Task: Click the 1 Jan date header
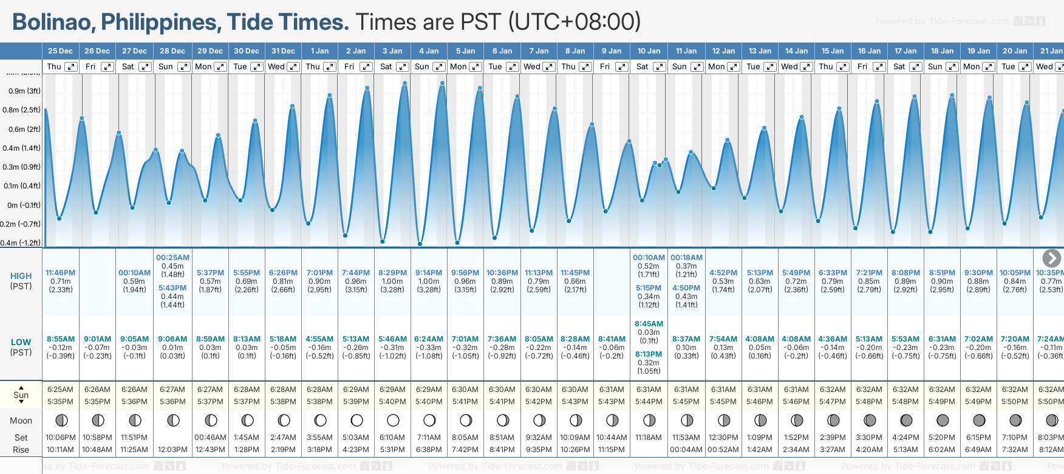[319, 51]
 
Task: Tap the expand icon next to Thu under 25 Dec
[71, 67]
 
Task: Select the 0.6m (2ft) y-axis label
[21, 129]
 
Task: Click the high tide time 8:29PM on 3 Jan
[392, 273]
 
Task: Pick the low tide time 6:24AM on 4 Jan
[429, 339]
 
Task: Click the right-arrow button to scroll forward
[1051, 258]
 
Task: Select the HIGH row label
[21, 276]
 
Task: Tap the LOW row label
[21, 342]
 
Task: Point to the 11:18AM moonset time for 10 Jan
[648, 438]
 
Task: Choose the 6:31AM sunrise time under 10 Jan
[648, 390]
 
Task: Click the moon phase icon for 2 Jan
[356, 421]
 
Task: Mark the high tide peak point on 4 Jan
[442, 83]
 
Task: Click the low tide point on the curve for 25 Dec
[60, 218]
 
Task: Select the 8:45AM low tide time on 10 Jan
[649, 324]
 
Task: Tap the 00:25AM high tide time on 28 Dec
[172, 258]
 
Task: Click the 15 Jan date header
[832, 51]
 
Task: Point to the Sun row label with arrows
[21, 395]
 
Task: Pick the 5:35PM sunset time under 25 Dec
[60, 402]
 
